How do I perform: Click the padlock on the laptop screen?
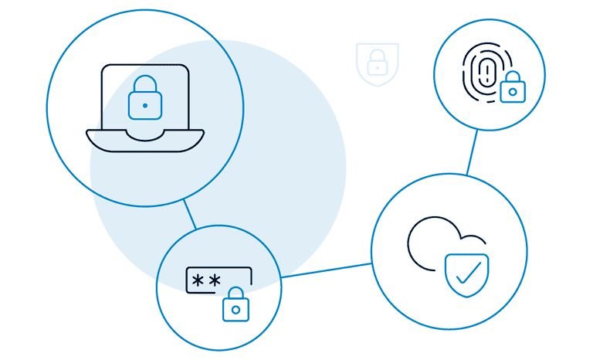click(x=144, y=99)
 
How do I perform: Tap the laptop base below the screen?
click(x=145, y=140)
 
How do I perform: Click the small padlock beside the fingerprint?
click(x=510, y=89)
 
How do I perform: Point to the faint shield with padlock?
click(x=377, y=64)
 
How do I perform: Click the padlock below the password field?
click(x=236, y=306)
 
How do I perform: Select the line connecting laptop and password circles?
click(x=189, y=214)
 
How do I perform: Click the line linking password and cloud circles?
click(x=326, y=270)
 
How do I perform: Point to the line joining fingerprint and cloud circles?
click(x=471, y=152)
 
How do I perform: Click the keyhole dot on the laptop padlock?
click(x=144, y=104)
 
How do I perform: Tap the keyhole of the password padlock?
click(x=236, y=311)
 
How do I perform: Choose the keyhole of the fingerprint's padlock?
click(x=510, y=93)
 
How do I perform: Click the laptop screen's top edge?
click(x=145, y=65)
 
